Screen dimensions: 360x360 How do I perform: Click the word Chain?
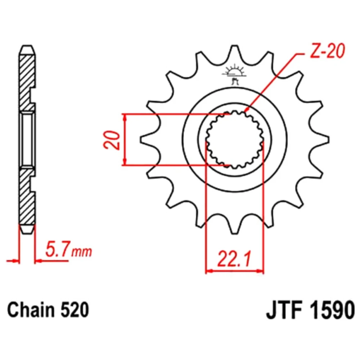coord(31,310)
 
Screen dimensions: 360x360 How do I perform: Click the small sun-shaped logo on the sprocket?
coord(234,72)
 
